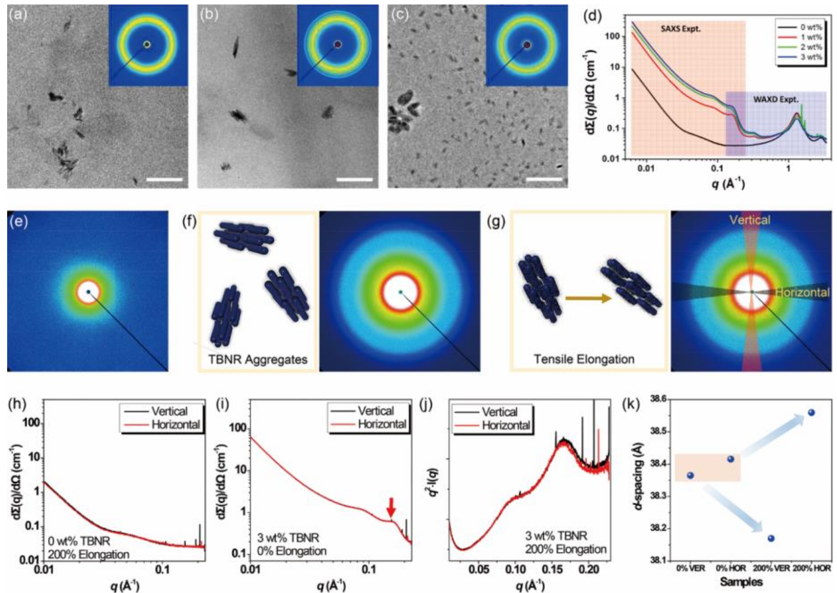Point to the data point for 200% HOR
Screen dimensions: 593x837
pyautogui.click(x=811, y=413)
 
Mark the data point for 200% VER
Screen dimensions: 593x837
pyautogui.click(x=771, y=538)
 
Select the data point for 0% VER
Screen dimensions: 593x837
pyautogui.click(x=690, y=475)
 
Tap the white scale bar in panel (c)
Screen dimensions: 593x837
pyautogui.click(x=544, y=179)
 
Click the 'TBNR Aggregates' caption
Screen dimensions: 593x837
pyautogui.click(x=258, y=359)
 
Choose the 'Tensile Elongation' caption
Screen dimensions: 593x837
pyautogui.click(x=584, y=359)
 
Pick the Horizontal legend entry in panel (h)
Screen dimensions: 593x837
pyautogui.click(x=175, y=424)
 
